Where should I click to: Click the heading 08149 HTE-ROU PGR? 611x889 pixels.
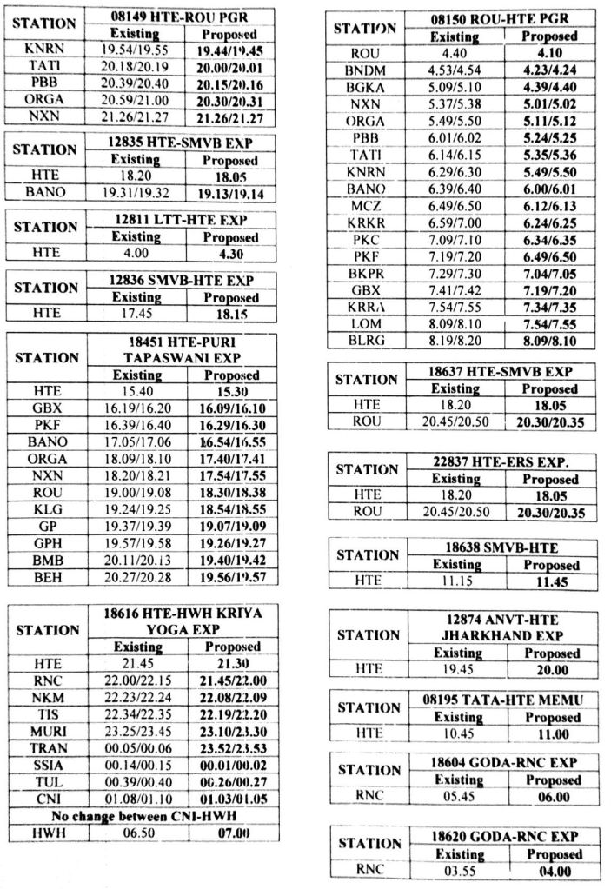point(183,17)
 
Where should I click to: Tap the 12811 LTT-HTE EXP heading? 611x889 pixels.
point(183,220)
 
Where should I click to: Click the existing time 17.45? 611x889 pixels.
point(136,314)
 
